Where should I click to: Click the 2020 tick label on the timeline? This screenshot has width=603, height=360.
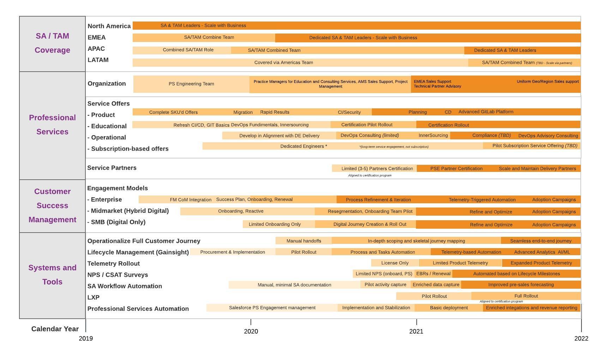pyautogui.click(x=251, y=331)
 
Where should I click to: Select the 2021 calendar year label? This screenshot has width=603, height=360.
pyautogui.click(x=416, y=331)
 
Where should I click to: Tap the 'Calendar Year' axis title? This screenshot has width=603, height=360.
pyautogui.click(x=55, y=329)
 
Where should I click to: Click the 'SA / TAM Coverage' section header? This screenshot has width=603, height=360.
pyautogui.click(x=52, y=43)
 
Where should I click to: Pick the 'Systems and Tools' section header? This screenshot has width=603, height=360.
pyautogui.click(x=52, y=275)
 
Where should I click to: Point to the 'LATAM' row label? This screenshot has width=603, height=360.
pyautogui.click(x=98, y=60)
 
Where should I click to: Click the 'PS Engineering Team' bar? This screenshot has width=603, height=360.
pyautogui.click(x=191, y=84)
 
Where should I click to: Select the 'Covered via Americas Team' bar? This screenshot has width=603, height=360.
pyautogui.click(x=284, y=62)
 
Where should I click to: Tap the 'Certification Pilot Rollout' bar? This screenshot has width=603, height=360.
pyautogui.click(x=367, y=125)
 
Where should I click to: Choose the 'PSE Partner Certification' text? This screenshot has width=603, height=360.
pyautogui.click(x=456, y=169)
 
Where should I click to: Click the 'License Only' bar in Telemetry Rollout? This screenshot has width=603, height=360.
pyautogui.click(x=395, y=263)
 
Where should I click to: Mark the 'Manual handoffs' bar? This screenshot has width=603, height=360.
pyautogui.click(x=303, y=241)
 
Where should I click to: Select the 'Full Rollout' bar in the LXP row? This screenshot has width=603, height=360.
pyautogui.click(x=526, y=296)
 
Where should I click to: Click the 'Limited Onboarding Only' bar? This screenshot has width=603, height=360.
pyautogui.click(x=275, y=224)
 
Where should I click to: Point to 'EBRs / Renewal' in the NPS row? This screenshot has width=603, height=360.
pyautogui.click(x=433, y=274)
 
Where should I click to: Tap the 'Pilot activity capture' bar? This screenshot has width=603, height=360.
pyautogui.click(x=385, y=284)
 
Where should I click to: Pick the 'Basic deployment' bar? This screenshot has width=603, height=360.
pyautogui.click(x=449, y=308)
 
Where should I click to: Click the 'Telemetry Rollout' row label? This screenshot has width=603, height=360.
pyautogui.click(x=114, y=264)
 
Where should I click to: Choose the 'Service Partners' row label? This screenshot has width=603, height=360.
pyautogui.click(x=112, y=168)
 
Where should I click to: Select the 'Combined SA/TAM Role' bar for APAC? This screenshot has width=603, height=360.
pyautogui.click(x=188, y=50)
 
